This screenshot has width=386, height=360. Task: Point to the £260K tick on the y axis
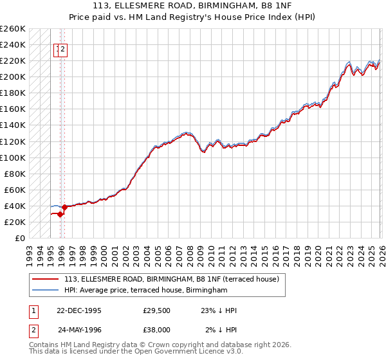point(13,29)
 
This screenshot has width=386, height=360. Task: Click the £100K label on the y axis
point(13,157)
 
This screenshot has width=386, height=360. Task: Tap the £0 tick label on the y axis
point(20,238)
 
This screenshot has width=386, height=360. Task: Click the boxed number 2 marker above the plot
point(64,48)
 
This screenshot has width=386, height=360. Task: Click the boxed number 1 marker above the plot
point(58,48)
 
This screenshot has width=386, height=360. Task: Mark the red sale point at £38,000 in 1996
point(65,207)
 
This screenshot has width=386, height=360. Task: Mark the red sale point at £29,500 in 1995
point(60,214)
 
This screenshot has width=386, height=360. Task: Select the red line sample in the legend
point(46,279)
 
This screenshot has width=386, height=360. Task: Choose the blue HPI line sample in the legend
point(46,291)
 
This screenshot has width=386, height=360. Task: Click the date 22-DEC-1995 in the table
point(79,310)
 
